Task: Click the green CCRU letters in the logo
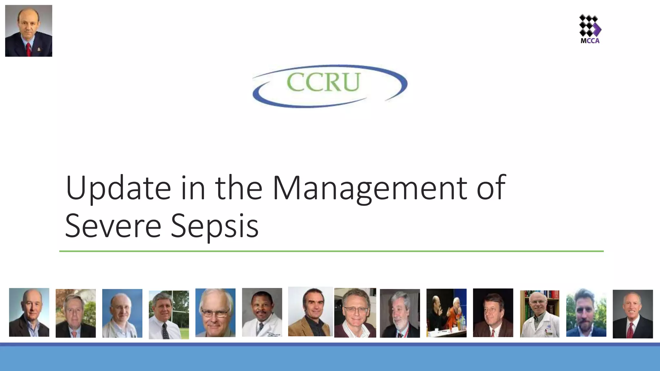(323, 82)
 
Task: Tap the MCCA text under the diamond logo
(590, 41)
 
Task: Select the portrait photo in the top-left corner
(29, 31)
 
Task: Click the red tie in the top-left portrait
(29, 49)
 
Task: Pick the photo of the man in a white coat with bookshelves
(539, 314)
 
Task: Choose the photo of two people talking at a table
(446, 313)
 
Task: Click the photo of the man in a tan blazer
(310, 312)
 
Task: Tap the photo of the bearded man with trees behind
(586, 313)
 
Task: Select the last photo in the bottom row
(633, 314)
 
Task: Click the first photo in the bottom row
(29, 312)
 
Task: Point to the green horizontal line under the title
(331, 251)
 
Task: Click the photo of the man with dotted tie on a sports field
(169, 315)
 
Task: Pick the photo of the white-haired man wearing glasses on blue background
(215, 313)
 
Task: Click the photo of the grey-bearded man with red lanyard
(400, 313)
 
